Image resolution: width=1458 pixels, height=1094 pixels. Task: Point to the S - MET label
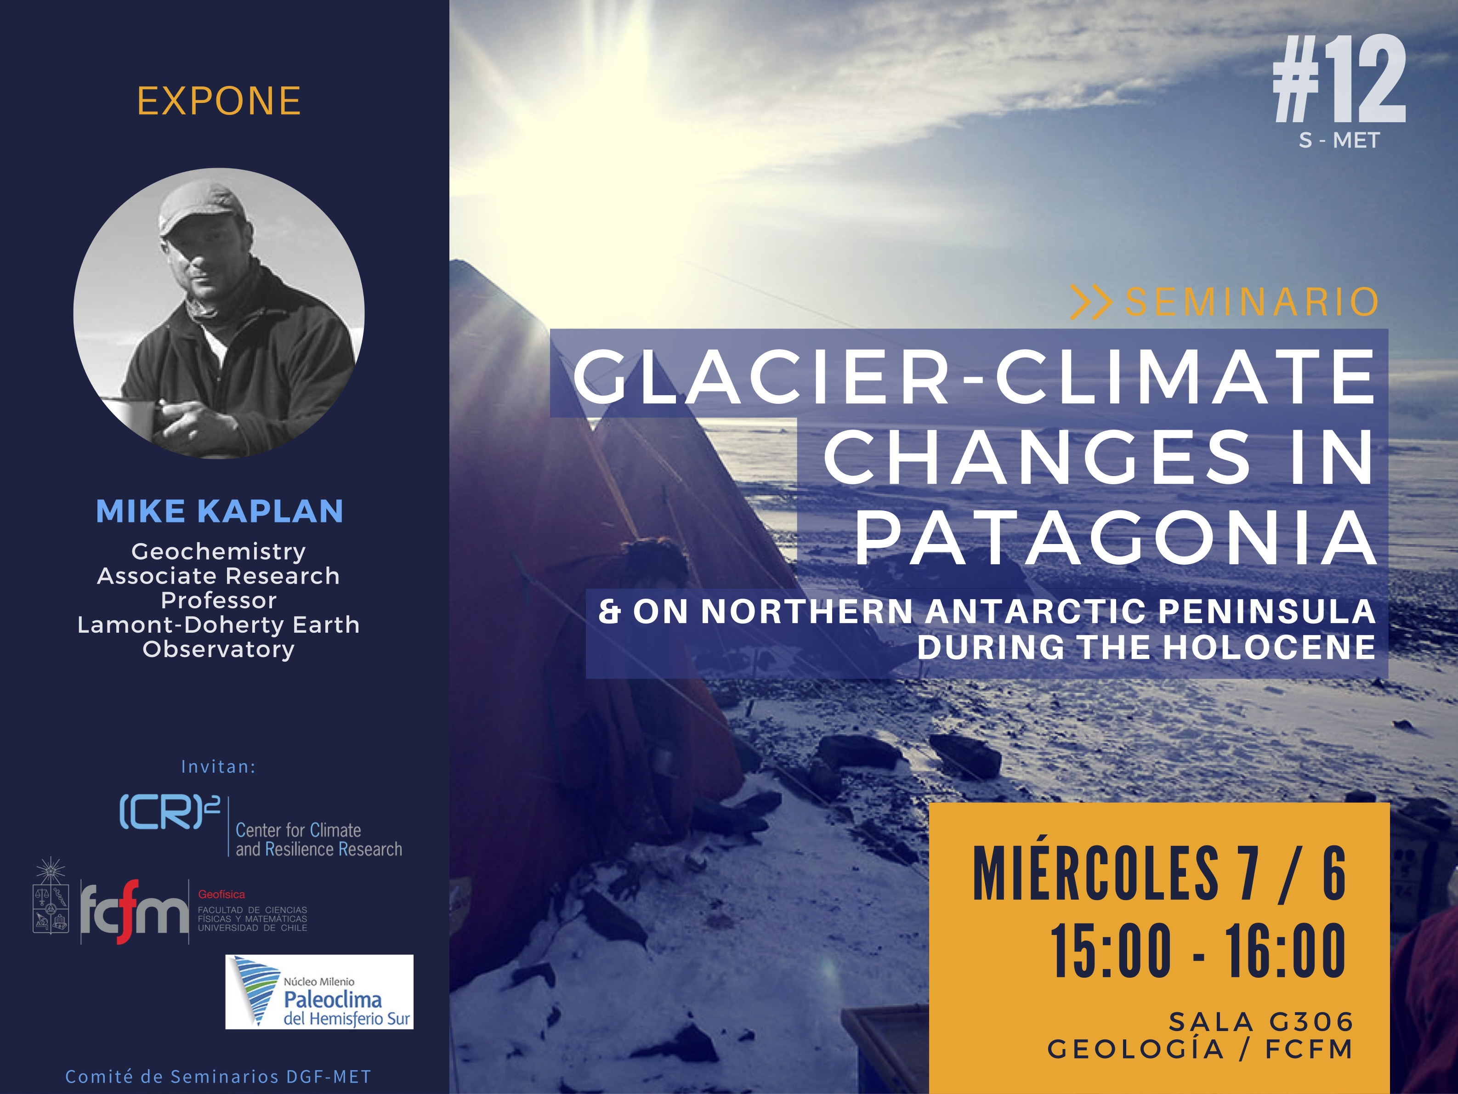point(1339,141)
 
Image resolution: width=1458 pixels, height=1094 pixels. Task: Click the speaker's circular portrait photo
point(219,313)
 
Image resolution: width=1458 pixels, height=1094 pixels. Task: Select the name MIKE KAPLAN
point(220,511)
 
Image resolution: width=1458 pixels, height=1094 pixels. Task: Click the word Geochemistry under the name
point(219,552)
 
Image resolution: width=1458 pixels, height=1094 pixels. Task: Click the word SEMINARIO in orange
point(1252,302)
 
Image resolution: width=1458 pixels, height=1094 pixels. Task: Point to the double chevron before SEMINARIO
point(1091,302)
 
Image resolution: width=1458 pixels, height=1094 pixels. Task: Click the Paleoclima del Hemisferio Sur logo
point(319,992)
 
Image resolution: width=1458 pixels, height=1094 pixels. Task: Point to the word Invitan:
point(218,766)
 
